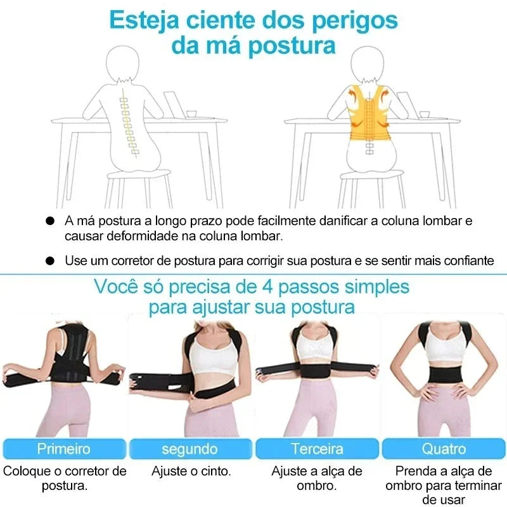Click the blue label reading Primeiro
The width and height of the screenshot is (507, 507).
[x=63, y=449]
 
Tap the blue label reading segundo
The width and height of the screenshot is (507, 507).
[x=189, y=449]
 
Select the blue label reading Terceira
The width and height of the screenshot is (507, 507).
[x=317, y=449]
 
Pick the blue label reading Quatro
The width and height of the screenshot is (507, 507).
[x=444, y=449]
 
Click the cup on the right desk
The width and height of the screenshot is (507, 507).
[x=425, y=114]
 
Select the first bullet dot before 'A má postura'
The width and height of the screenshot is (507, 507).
[x=50, y=222]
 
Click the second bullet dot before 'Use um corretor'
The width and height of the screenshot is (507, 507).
[x=50, y=260]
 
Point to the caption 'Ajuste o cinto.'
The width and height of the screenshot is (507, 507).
[x=191, y=472]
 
